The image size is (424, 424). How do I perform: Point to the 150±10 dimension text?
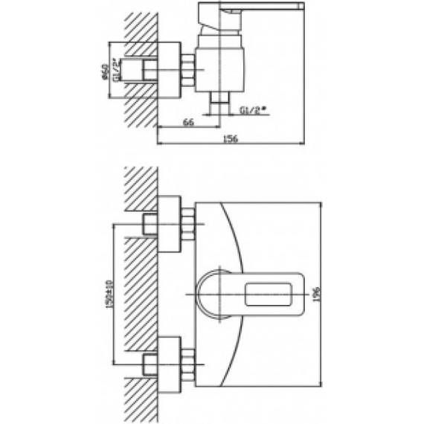tap(108, 295)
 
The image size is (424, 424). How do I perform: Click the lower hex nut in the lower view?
tap(188, 362)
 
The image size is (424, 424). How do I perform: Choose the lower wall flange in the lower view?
tap(170, 362)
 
